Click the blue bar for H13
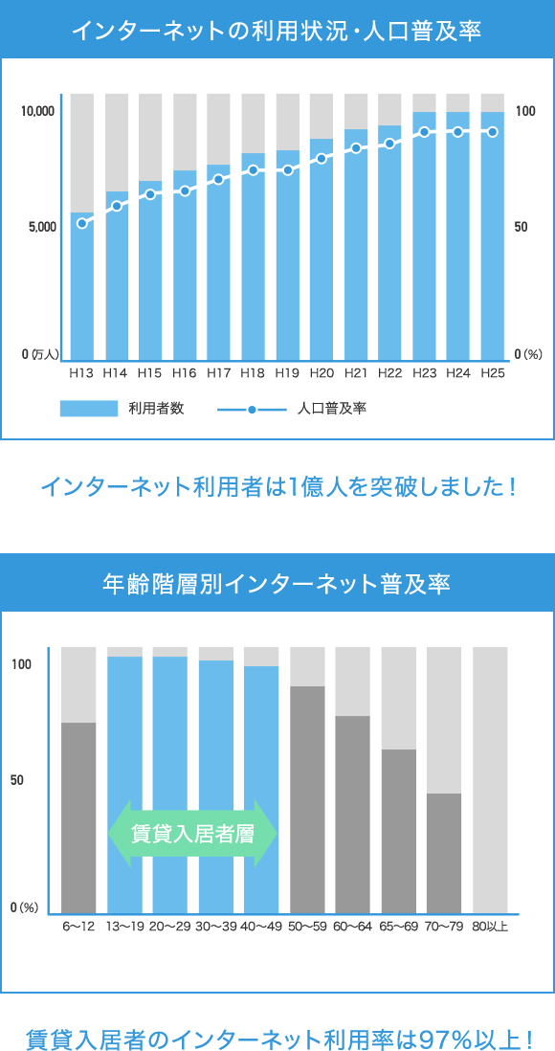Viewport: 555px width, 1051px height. (x=82, y=287)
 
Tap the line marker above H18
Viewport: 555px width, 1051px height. (x=254, y=170)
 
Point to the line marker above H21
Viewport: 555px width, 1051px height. (x=356, y=148)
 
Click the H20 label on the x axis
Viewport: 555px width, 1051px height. (x=322, y=372)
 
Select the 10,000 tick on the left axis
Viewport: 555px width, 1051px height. (x=38, y=112)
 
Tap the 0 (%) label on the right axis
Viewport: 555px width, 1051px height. (x=528, y=354)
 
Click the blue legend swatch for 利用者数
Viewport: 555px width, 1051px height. (x=88, y=409)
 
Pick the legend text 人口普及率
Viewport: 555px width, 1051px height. (x=332, y=409)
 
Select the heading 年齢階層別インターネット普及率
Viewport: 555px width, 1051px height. (x=277, y=583)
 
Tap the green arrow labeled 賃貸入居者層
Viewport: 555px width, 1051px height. (x=192, y=833)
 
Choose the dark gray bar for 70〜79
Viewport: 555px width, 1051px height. (x=444, y=852)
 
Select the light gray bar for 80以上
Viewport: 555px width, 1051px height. (x=490, y=779)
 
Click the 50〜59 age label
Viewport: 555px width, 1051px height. (x=307, y=926)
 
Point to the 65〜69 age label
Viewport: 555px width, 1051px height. (x=398, y=926)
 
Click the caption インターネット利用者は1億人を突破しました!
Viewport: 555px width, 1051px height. (x=277, y=487)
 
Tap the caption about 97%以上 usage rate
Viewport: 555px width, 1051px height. (x=277, y=1037)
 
